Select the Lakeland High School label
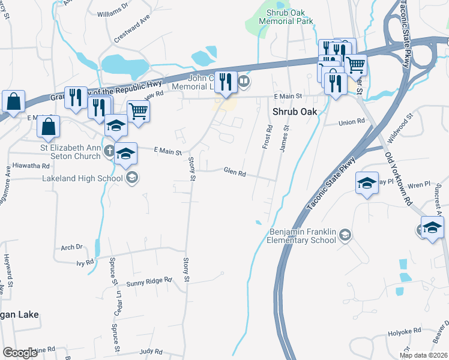tap(83, 178)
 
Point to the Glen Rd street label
tap(235, 173)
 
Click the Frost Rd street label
tap(268, 137)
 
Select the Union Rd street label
tap(352, 122)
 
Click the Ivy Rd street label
tap(85, 262)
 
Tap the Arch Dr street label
tap(71, 247)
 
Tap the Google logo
tap(20, 353)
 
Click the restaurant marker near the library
tap(225, 82)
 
